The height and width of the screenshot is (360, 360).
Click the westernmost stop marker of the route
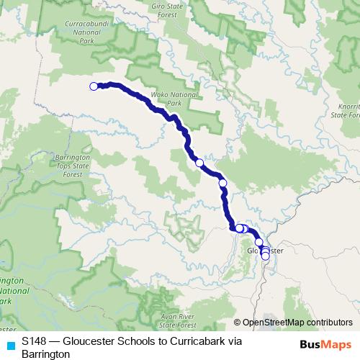click(94, 86)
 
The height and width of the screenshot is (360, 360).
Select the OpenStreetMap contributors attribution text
click(297, 323)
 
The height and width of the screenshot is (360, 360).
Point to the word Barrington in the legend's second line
click(45, 354)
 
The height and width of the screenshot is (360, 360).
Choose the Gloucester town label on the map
click(266, 250)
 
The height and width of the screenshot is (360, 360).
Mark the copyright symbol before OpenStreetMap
click(238, 323)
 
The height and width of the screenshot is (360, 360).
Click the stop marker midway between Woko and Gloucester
click(199, 163)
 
